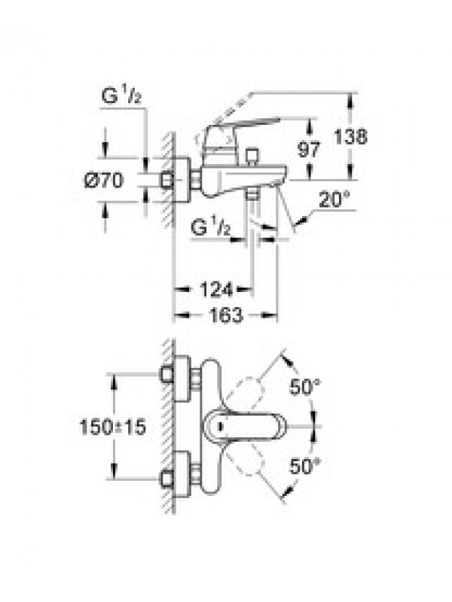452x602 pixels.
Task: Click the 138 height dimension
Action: click(x=350, y=137)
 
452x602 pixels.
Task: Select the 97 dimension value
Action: click(x=308, y=149)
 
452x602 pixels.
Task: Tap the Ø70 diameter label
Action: click(x=104, y=180)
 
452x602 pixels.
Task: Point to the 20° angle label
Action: click(x=334, y=199)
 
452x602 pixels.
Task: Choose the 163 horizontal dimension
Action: click(x=226, y=315)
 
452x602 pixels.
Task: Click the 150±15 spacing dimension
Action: click(x=112, y=427)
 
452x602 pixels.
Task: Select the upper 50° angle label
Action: click(x=305, y=387)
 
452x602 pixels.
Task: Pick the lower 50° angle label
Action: click(x=305, y=466)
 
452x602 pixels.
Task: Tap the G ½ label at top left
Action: click(x=121, y=96)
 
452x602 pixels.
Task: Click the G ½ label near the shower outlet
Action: click(x=211, y=227)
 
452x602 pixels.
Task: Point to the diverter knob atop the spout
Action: click(x=252, y=157)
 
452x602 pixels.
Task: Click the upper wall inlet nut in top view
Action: click(x=166, y=374)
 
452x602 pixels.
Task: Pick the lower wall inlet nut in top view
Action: click(x=166, y=479)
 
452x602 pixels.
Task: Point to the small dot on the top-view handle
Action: click(x=220, y=426)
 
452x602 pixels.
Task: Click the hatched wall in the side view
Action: click(x=169, y=180)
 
